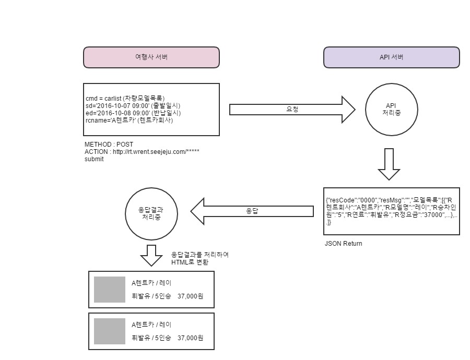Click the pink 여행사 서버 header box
click(x=151, y=57)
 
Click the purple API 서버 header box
click(x=391, y=57)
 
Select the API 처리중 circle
click(x=391, y=109)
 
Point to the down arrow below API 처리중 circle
click(x=389, y=164)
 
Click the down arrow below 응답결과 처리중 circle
click(x=151, y=255)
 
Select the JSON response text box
click(x=391, y=211)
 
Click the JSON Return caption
click(x=343, y=244)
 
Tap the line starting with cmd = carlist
click(x=125, y=98)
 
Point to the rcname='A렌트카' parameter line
click(x=129, y=120)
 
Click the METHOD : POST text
click(x=109, y=144)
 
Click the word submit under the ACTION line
click(x=94, y=159)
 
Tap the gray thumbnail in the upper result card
click(x=110, y=290)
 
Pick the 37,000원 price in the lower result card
click(x=191, y=339)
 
